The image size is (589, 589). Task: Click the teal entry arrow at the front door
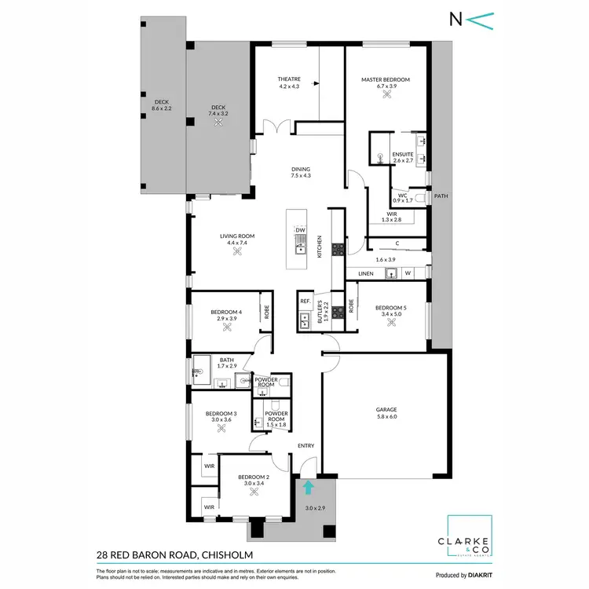pyautogui.click(x=309, y=488)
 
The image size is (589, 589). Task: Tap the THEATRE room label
pyautogui.click(x=288, y=80)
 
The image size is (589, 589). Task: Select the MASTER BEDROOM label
pyautogui.click(x=386, y=80)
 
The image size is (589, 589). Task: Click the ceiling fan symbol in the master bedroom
pyautogui.click(x=386, y=95)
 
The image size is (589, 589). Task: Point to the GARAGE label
pyautogui.click(x=386, y=409)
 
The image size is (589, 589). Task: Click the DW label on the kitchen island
pyautogui.click(x=300, y=230)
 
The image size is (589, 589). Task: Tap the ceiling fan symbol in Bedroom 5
pyautogui.click(x=390, y=322)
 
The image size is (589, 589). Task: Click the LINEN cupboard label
pyautogui.click(x=366, y=273)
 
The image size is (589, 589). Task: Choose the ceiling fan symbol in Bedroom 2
pyautogui.click(x=254, y=492)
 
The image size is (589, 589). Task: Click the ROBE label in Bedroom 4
pyautogui.click(x=267, y=313)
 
